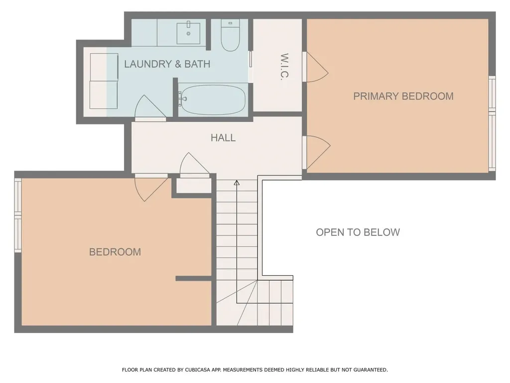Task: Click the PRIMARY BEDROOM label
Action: point(403,96)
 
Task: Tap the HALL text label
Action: point(223,138)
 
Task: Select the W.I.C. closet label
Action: point(284,66)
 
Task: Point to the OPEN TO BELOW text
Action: point(358,232)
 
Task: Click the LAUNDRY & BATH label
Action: point(167,64)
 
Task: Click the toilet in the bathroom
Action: point(230,35)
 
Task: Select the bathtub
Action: point(212,100)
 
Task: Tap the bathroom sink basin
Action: point(188,33)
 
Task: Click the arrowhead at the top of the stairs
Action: point(237,183)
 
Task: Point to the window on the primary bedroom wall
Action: point(492,124)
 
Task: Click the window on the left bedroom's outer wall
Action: point(18,215)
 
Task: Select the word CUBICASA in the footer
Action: point(197,370)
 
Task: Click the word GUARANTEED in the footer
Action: point(370,370)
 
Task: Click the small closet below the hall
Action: point(194,186)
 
